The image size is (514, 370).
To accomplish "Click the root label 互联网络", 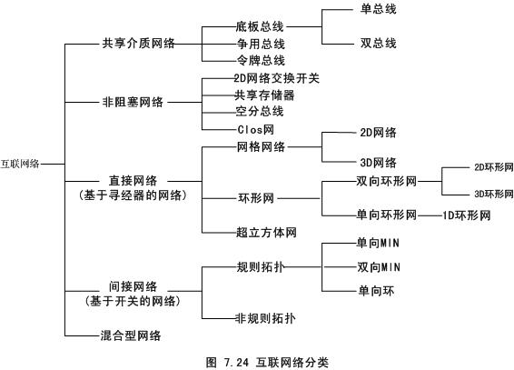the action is (20, 164).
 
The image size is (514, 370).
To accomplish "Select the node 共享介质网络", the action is (138, 43).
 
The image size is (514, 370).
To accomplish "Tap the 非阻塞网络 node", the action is (133, 102).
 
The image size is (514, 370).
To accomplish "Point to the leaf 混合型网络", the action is (131, 335).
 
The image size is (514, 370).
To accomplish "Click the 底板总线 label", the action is (260, 26).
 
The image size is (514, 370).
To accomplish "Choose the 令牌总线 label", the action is (261, 60).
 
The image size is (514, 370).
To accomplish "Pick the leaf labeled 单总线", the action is (379, 9).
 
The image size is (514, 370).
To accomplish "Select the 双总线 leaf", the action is (379, 43).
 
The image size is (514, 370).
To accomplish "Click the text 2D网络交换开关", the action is (276, 78).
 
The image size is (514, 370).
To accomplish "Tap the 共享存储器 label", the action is (264, 95).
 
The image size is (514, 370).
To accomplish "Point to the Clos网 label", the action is (256, 130).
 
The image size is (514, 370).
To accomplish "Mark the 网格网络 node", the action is (261, 146).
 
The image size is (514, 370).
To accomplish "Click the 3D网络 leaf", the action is (379, 163).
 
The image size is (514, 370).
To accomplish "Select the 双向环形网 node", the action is (387, 181).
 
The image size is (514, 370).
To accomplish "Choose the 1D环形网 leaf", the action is (467, 215).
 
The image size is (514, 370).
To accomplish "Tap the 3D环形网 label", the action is (494, 194).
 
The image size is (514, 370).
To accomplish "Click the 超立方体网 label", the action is (266, 233).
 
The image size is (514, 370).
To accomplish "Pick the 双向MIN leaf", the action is (379, 267).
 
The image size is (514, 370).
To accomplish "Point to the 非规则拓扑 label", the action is (265, 318).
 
